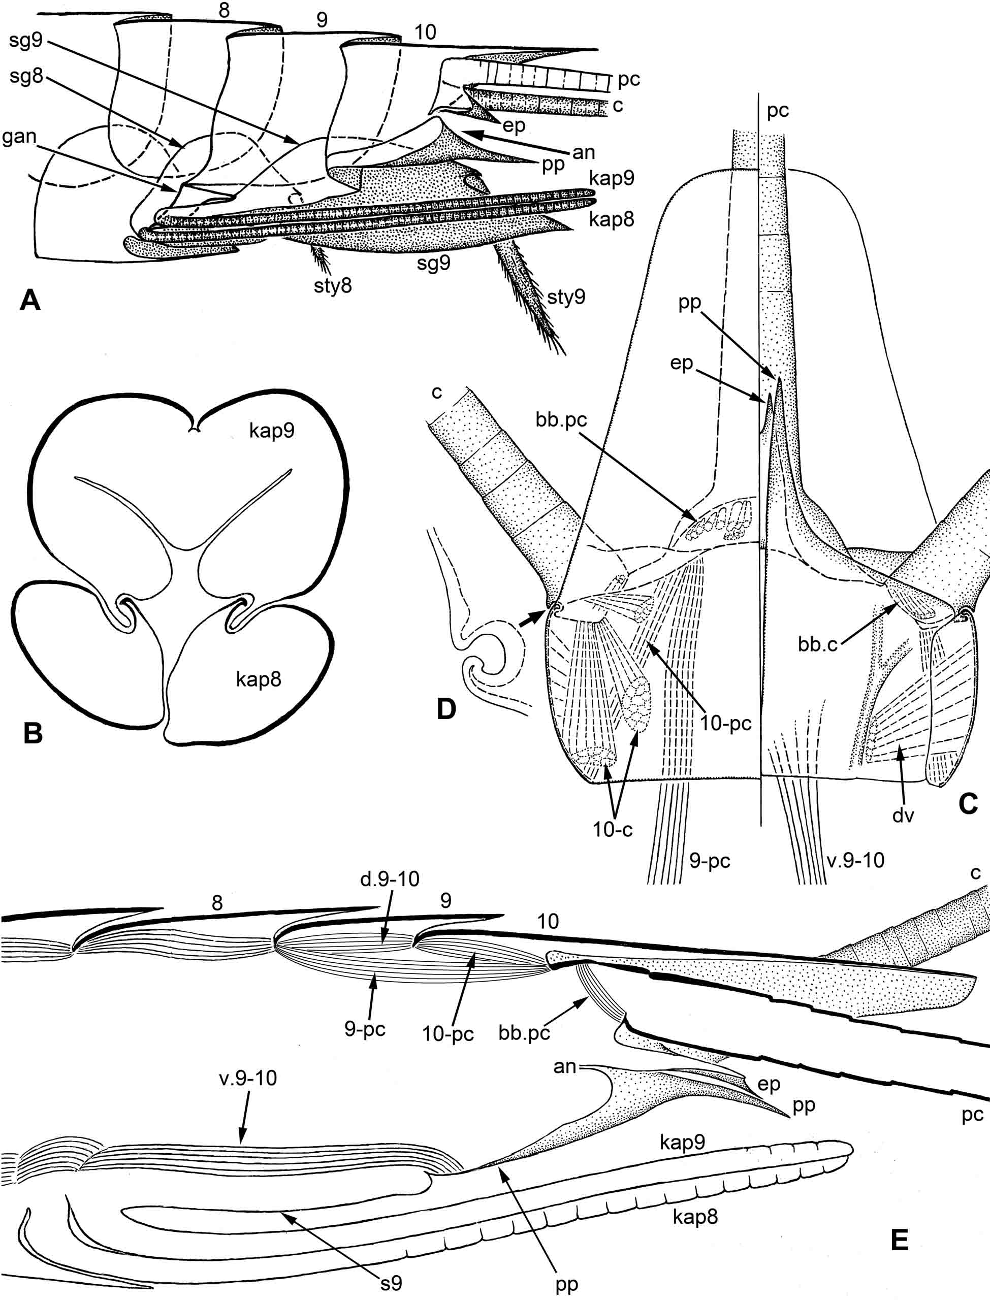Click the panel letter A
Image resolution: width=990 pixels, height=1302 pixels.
coord(30,302)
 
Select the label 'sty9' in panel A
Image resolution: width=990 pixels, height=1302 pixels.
coord(566,298)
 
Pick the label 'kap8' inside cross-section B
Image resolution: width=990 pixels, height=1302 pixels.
coord(259,680)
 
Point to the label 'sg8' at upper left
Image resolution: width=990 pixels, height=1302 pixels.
coord(27,78)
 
